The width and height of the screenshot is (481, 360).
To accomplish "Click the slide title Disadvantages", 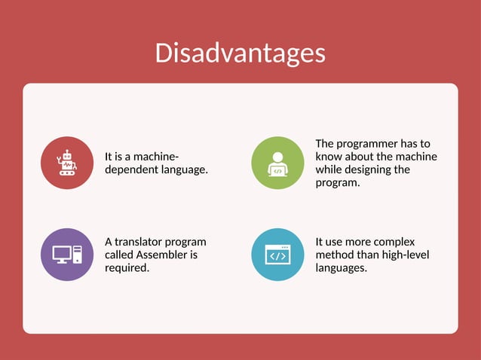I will click(240, 53).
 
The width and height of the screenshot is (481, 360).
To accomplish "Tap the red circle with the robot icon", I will click(67, 163).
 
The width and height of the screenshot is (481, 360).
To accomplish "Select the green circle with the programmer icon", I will click(277, 163).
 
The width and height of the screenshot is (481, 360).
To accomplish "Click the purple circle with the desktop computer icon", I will click(67, 255).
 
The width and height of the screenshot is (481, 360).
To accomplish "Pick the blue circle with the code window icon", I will click(277, 255).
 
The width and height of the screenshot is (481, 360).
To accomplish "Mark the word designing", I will click(384, 169).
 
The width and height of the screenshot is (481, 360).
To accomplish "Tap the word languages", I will click(342, 267).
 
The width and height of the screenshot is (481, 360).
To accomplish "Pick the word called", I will click(119, 255).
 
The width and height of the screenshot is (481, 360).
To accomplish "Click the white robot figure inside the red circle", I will click(66, 162).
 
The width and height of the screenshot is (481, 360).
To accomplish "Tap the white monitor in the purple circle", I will click(62, 254).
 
